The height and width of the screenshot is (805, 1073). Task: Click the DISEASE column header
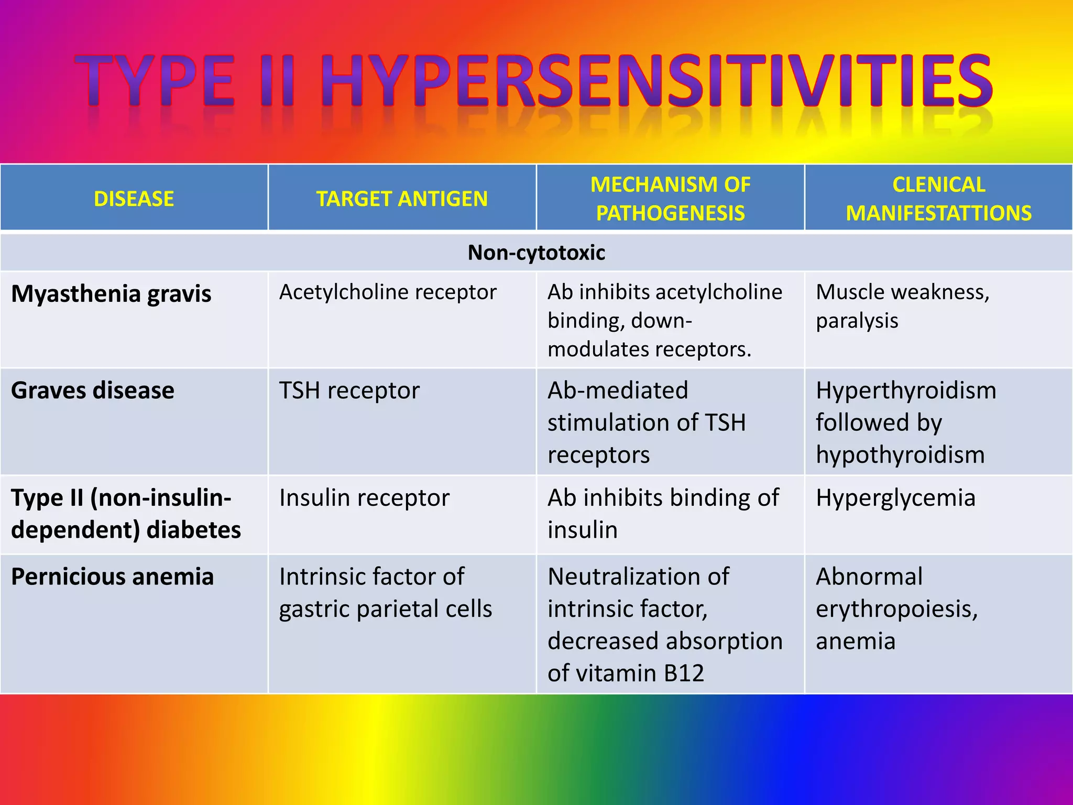pyautogui.click(x=134, y=199)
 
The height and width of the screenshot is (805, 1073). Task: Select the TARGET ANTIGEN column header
pyautogui.click(x=402, y=199)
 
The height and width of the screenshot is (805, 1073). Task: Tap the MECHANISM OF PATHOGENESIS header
pyautogui.click(x=670, y=199)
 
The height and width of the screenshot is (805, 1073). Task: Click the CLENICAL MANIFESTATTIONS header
pyautogui.click(x=938, y=199)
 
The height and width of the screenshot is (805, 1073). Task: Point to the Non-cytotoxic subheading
pyautogui.click(x=536, y=253)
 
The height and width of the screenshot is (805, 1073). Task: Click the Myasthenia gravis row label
pyautogui.click(x=111, y=293)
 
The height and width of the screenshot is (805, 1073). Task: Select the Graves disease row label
pyautogui.click(x=93, y=390)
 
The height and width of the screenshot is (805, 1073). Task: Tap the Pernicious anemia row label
pyautogui.click(x=112, y=576)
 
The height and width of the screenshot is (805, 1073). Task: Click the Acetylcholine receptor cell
pyautogui.click(x=388, y=292)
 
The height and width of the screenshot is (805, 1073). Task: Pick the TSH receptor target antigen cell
pyautogui.click(x=349, y=390)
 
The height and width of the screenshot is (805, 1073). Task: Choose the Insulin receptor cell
pyautogui.click(x=364, y=497)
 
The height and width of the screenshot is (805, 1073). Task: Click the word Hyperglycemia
pyautogui.click(x=895, y=497)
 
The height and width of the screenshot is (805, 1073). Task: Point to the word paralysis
pyautogui.click(x=857, y=321)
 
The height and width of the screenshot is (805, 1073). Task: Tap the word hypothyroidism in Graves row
pyautogui.click(x=900, y=455)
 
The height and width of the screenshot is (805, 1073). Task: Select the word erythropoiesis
pyautogui.click(x=896, y=609)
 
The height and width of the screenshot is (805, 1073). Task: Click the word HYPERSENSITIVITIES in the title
pyautogui.click(x=655, y=81)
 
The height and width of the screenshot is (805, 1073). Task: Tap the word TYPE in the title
pyautogui.click(x=155, y=81)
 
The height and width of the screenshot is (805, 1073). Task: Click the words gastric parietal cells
pyautogui.click(x=386, y=609)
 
